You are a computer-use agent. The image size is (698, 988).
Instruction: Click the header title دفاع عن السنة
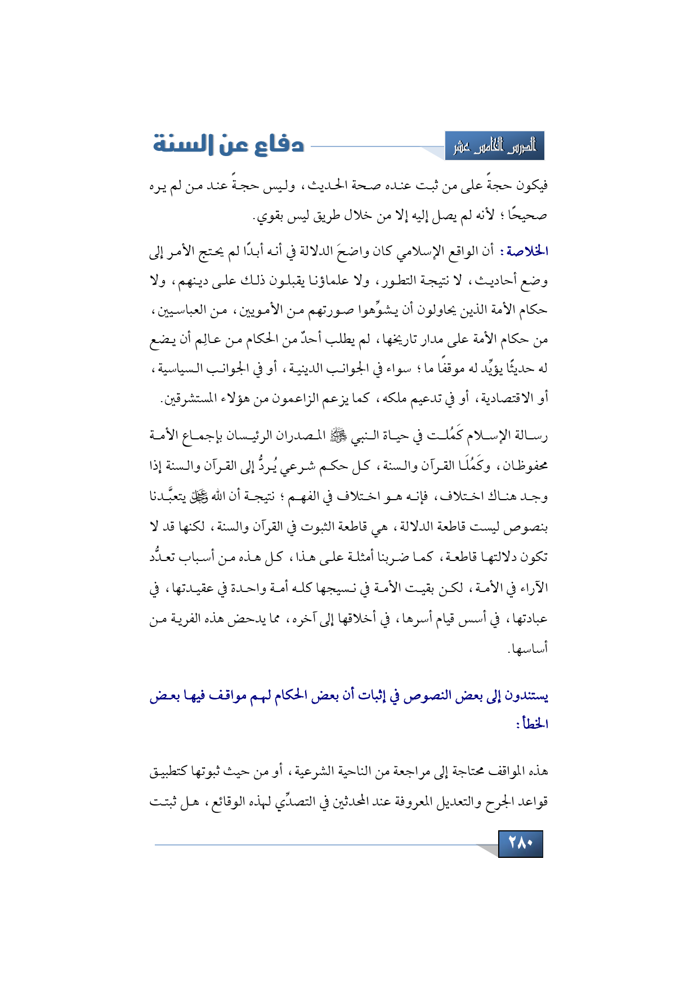[229, 145]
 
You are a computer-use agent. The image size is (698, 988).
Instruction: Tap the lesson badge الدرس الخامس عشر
[494, 146]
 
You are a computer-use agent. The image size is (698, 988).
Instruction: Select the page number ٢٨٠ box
[520, 843]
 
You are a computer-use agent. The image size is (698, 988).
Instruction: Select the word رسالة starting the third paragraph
[532, 435]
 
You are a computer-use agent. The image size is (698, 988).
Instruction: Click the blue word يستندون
[526, 696]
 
